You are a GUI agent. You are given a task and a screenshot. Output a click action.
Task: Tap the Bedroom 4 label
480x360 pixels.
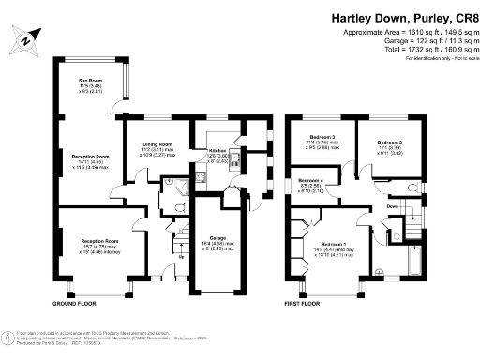311,181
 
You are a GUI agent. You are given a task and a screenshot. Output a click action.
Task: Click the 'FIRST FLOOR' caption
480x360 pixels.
307,305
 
